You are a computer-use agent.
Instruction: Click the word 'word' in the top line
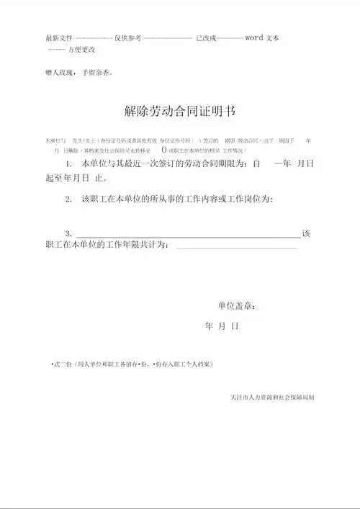(x=255, y=37)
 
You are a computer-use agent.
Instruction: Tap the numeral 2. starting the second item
(x=68, y=199)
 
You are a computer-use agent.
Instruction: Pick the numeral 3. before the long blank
(x=68, y=233)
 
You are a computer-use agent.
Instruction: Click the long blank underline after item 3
(x=187, y=236)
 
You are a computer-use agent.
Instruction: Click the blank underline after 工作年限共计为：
(x=236, y=248)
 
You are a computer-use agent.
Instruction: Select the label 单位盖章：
(x=236, y=305)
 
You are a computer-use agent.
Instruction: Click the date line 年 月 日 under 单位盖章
(x=221, y=327)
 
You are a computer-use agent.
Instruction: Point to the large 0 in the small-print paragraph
(x=164, y=150)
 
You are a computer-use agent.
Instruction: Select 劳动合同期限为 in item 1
(x=212, y=165)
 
